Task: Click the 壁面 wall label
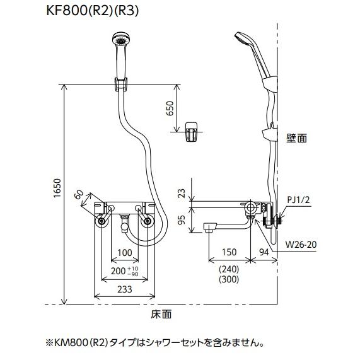click(296, 138)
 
